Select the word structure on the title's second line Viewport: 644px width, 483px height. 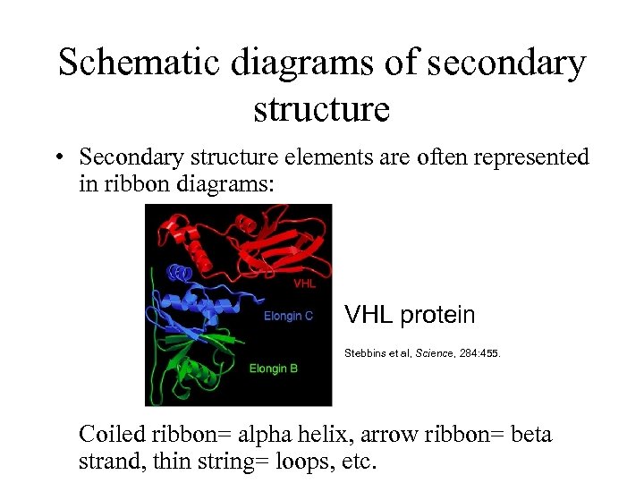[x=322, y=109]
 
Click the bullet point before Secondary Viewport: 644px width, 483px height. [x=58, y=158]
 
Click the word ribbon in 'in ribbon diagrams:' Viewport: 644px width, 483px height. [x=131, y=184]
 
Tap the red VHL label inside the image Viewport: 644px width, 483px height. [x=305, y=284]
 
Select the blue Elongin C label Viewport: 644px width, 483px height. [x=288, y=317]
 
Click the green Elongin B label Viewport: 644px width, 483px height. [x=273, y=369]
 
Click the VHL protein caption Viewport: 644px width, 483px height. [x=410, y=315]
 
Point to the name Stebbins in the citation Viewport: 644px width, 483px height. [x=367, y=353]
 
